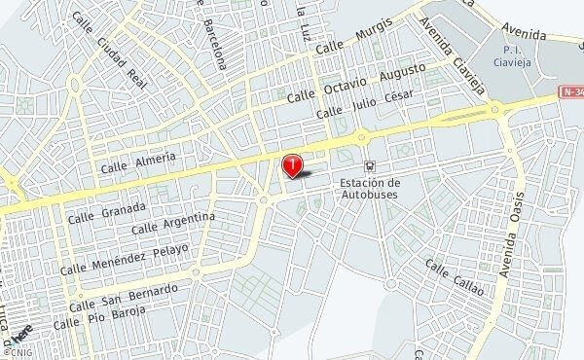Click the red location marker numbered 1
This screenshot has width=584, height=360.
pos(292,165)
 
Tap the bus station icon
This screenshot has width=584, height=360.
pos(368,166)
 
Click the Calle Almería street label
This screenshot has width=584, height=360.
pos(138,162)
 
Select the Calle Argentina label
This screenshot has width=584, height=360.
pos(172,222)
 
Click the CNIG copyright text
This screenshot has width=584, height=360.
pos(18,353)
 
